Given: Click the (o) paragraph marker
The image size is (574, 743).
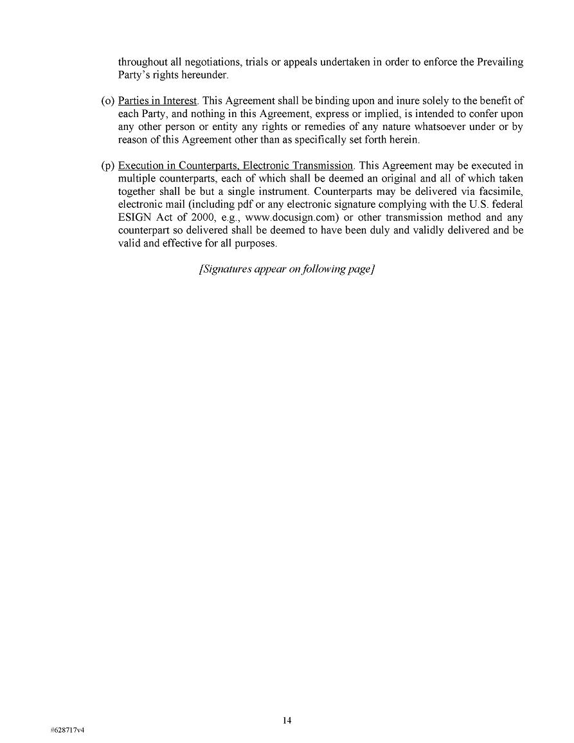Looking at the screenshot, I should (108, 101).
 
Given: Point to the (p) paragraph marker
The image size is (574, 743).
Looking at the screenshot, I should (108, 166).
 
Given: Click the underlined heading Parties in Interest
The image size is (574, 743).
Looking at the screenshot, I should (157, 101).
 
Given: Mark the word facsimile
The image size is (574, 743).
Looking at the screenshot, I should (501, 191).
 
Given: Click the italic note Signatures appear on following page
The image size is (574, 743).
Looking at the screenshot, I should (287, 270).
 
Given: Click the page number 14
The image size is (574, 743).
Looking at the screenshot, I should (287, 720).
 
